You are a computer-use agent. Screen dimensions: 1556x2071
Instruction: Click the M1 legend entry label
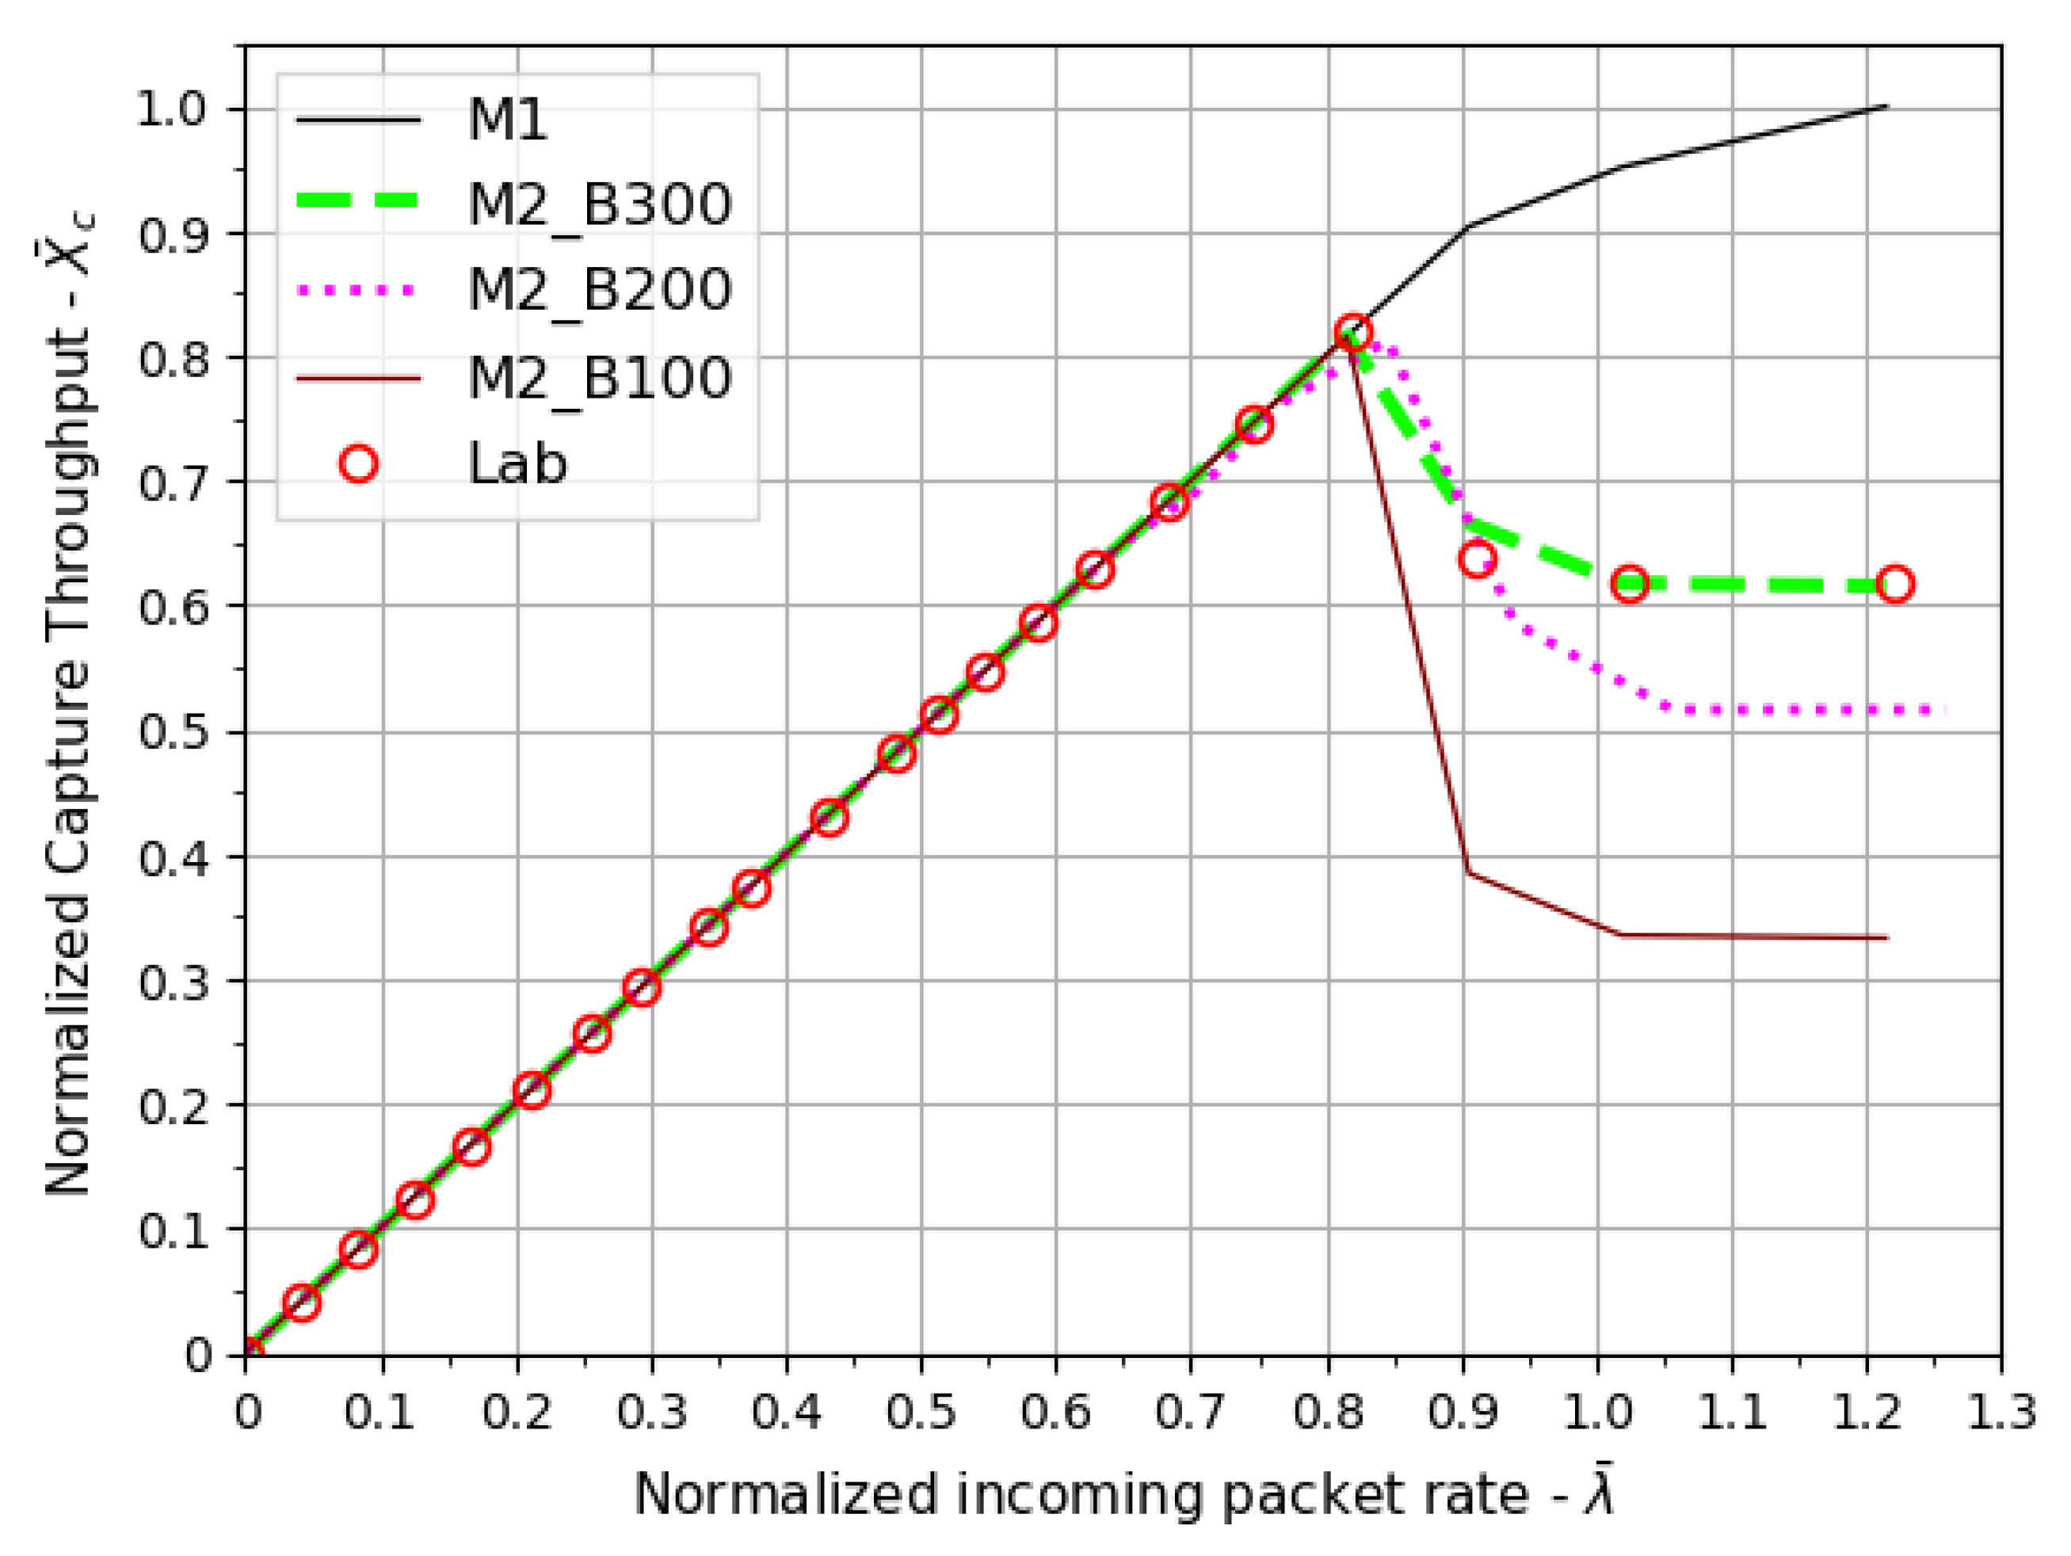(508, 120)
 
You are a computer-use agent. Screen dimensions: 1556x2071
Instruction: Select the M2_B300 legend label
(599, 204)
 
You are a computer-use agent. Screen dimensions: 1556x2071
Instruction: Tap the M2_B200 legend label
(599, 289)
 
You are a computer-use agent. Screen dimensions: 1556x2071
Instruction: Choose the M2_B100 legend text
(599, 378)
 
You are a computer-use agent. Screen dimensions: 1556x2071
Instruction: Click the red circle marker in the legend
(359, 463)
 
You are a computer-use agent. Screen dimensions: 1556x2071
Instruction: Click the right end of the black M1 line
(1886, 107)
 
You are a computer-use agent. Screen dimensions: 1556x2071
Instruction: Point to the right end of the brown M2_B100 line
(1886, 937)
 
